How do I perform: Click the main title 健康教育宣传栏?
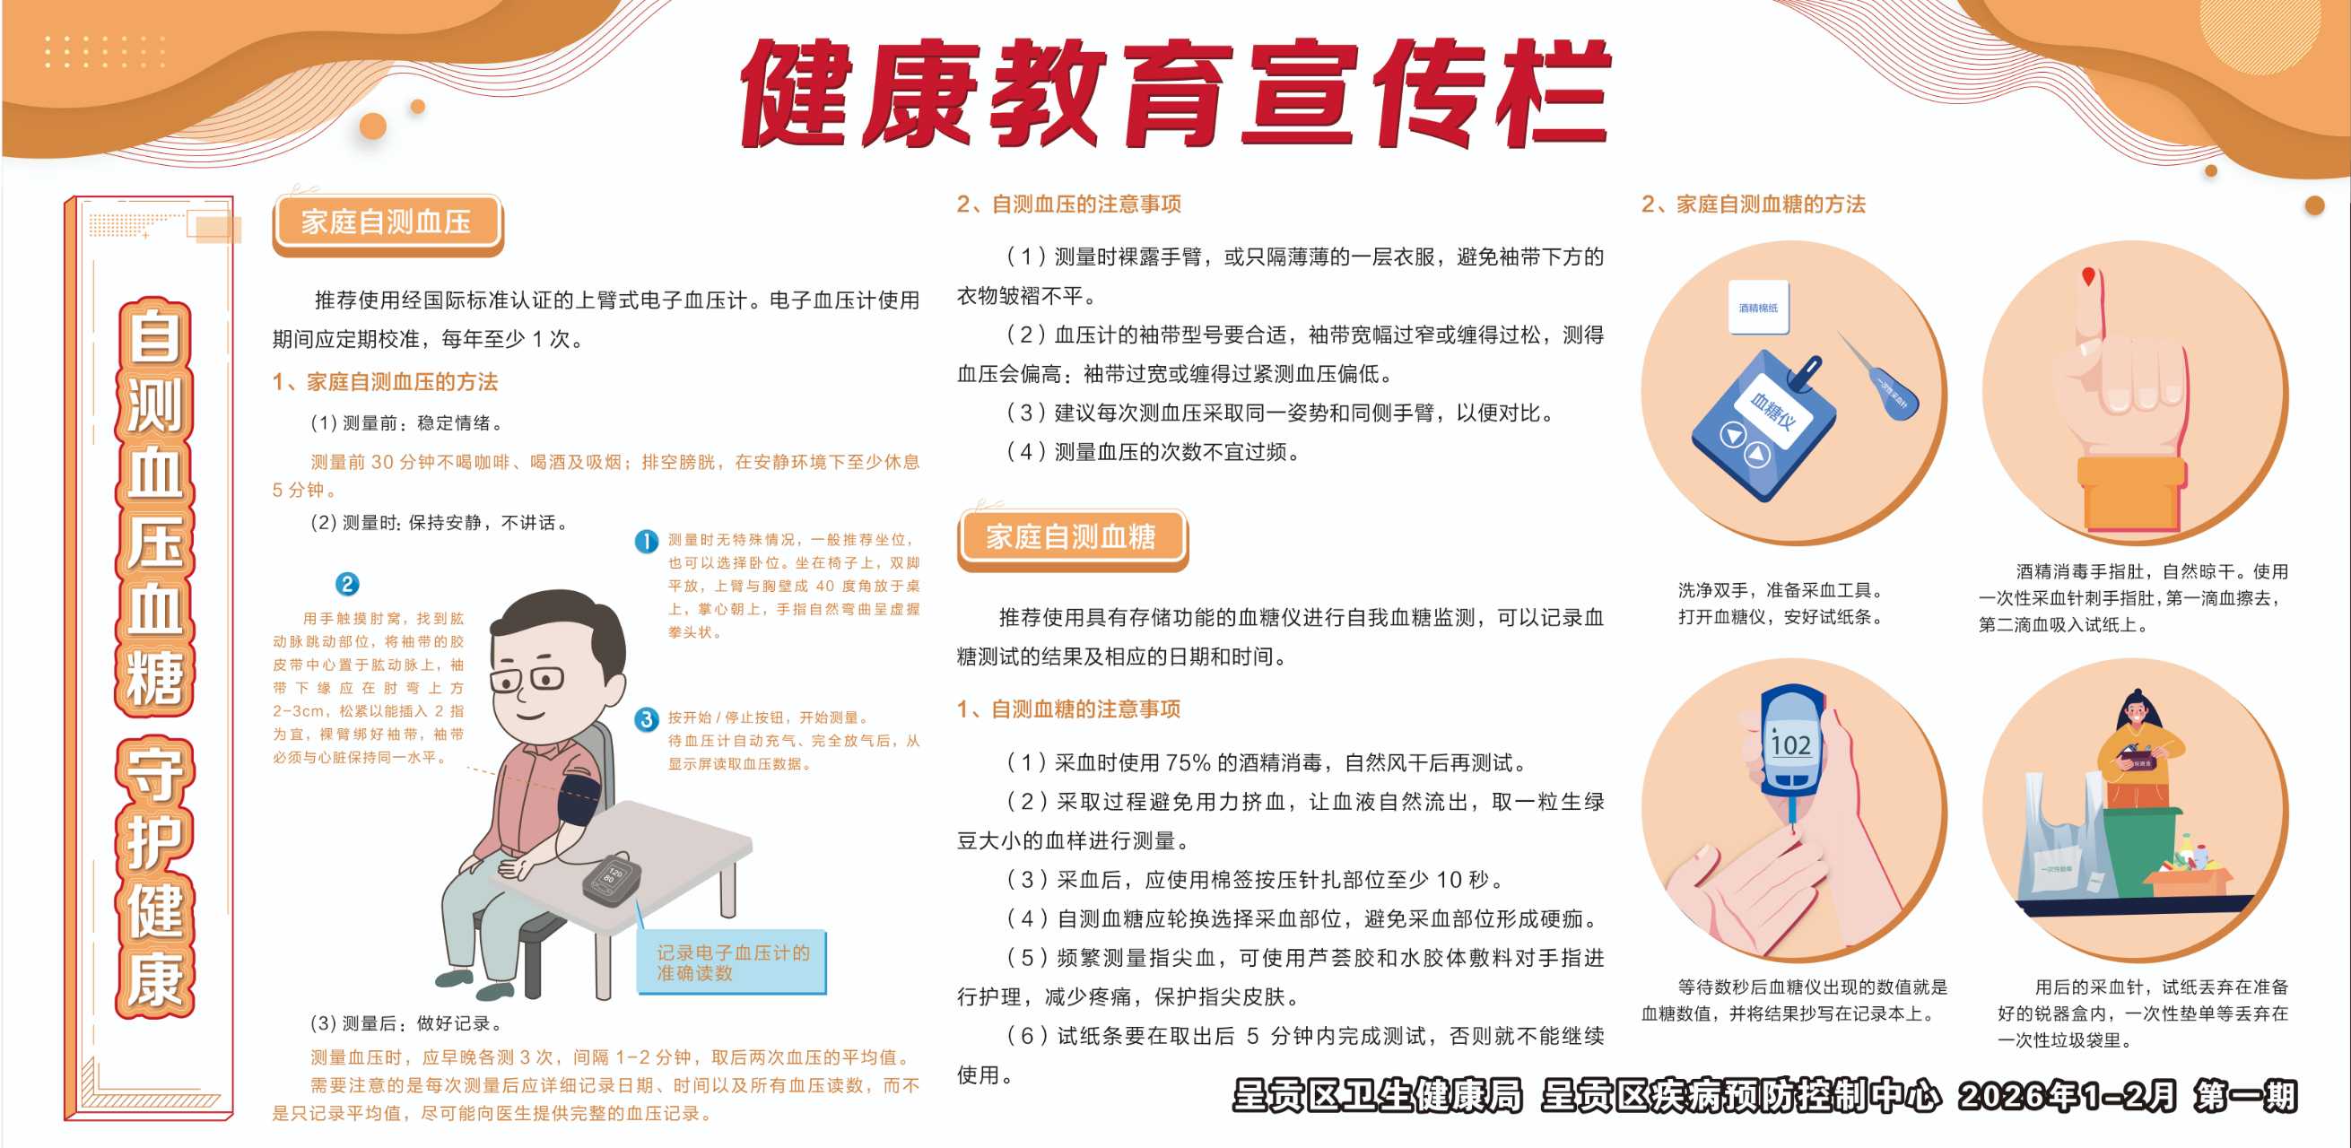pos(1175,93)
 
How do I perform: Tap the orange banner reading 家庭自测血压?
pos(387,222)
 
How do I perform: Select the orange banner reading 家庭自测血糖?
pos(1073,537)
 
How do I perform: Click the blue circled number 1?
pos(646,541)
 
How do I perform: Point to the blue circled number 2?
pos(347,584)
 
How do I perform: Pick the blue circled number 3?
pos(646,719)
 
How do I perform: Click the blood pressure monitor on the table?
pos(612,879)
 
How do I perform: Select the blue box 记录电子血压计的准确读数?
pos(732,962)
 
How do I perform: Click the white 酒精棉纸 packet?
pos(1759,308)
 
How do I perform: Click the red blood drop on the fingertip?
pos(2087,276)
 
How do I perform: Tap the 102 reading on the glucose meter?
pos(1789,745)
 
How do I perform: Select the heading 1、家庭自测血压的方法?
pos(385,382)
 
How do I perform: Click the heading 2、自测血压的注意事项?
pos(1068,204)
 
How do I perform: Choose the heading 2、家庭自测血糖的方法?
pos(1754,204)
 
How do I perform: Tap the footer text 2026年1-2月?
pos(2067,1096)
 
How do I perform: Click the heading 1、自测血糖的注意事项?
pos(1068,709)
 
